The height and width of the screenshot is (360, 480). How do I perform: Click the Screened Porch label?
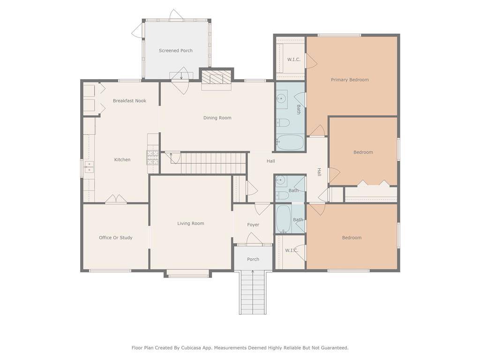click(176, 51)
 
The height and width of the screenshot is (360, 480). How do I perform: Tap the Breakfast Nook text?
click(129, 101)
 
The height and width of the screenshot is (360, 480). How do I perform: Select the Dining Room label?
click(217, 118)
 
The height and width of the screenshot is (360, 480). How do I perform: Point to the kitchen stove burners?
click(153, 157)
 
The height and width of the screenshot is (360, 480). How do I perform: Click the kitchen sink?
click(90, 167)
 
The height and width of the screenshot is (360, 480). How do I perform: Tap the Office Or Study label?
click(116, 238)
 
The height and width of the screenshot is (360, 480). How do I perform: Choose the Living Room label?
click(191, 224)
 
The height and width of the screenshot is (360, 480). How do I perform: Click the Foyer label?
click(253, 225)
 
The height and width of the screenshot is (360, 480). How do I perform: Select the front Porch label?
click(253, 259)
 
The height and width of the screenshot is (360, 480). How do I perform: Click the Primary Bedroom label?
click(350, 80)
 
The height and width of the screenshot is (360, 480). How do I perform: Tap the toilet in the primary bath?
click(283, 123)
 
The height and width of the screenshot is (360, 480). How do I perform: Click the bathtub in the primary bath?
click(290, 142)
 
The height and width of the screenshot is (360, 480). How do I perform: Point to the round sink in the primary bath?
click(281, 98)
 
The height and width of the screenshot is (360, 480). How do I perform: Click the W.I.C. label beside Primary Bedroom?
click(294, 60)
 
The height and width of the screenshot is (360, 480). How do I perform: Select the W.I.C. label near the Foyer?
click(292, 250)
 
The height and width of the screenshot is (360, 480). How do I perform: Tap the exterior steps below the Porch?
click(253, 292)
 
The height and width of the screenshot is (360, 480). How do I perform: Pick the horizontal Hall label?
click(270, 161)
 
